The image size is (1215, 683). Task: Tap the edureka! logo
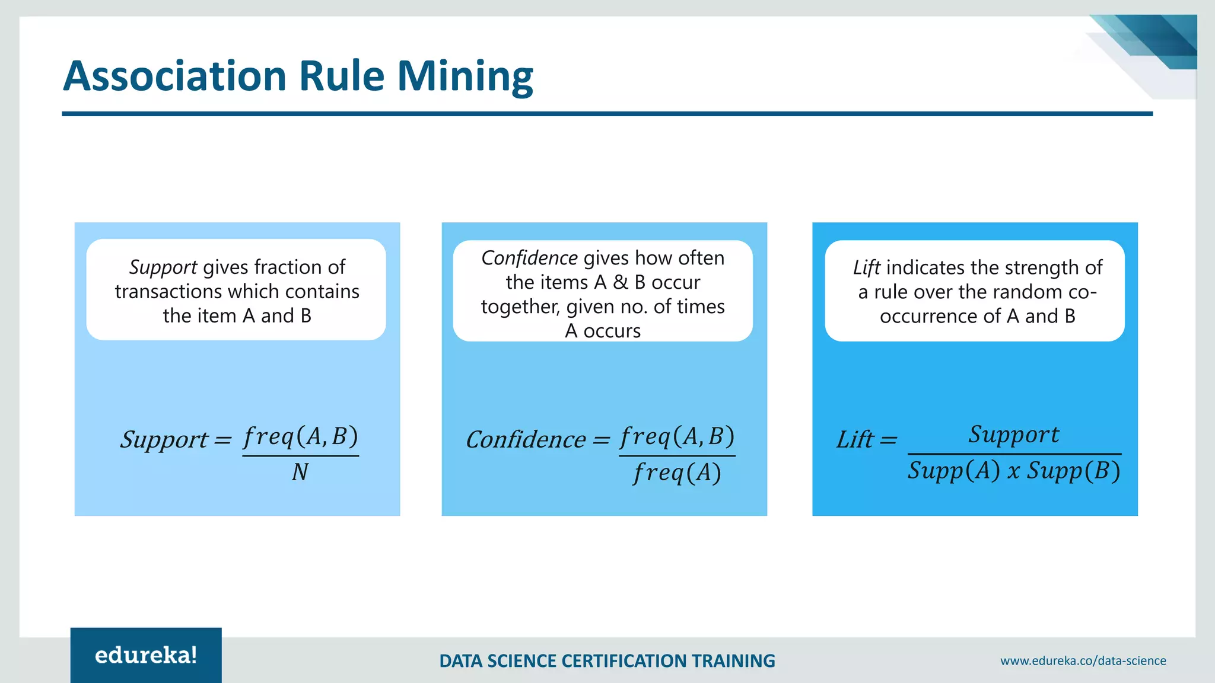146,655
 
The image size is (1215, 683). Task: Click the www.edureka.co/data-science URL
1083,660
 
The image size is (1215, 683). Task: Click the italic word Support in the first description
163,267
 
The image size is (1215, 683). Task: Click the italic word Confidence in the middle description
529,258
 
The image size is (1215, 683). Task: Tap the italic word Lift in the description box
866,268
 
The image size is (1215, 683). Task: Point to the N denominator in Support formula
300,473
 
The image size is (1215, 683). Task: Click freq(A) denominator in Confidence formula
677,473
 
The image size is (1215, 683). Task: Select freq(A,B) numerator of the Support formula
300,437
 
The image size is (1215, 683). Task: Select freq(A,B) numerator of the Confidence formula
677,437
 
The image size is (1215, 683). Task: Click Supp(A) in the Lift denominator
953,471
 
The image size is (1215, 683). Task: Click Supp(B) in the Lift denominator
1074,471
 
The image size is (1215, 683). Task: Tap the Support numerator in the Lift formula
1014,435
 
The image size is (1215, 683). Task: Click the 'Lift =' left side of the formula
866,440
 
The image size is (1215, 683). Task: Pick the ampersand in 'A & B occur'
620,282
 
